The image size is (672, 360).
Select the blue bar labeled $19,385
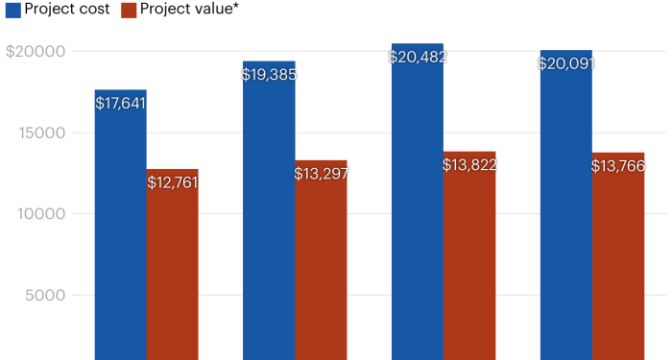[x=269, y=221]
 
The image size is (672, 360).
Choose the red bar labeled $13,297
[x=322, y=269]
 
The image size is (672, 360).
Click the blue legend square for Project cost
[x=12, y=10]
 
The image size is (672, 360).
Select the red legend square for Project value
[x=129, y=10]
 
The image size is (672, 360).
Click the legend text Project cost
[x=67, y=10]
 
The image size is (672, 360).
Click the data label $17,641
[x=120, y=103]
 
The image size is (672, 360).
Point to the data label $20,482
[x=418, y=57]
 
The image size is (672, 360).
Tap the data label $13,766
[x=618, y=166]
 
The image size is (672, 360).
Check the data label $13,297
[x=322, y=174]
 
